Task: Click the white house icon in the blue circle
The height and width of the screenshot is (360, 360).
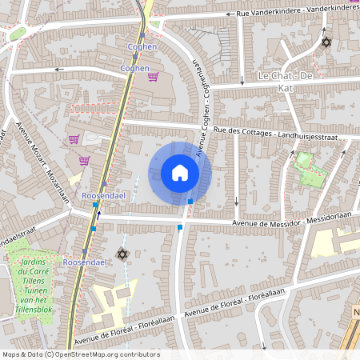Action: point(180,173)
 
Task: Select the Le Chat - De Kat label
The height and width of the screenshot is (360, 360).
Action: point(284,75)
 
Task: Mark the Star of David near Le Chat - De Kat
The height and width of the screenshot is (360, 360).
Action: point(326,42)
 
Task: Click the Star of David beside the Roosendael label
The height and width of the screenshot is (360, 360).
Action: point(122,254)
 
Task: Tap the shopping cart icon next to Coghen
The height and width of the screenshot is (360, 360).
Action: point(153,77)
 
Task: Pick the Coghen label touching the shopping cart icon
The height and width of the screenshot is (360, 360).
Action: point(134,69)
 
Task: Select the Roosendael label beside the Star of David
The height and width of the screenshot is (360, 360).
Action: point(84,262)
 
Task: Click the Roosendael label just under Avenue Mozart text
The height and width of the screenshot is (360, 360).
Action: point(100,194)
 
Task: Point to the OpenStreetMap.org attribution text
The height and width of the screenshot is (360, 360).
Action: point(102,354)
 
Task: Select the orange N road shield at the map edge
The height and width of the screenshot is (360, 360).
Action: point(356,311)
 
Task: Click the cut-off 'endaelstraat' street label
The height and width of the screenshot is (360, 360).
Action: point(18,239)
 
